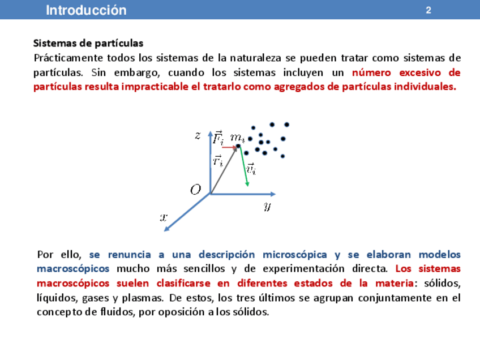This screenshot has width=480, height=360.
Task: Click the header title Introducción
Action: point(86,10)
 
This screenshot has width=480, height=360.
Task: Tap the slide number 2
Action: point(428,10)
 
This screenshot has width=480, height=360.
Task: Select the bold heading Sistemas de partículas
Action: point(88,43)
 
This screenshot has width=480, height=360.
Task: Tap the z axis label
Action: point(198,135)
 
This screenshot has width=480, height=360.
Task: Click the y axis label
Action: point(267,205)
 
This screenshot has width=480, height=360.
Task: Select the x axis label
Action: point(164,216)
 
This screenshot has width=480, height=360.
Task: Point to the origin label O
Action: point(196,190)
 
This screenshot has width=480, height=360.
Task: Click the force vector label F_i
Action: point(218,137)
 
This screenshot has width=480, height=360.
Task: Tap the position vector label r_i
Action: point(218,161)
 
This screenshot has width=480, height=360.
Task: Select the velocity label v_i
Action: point(251,168)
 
